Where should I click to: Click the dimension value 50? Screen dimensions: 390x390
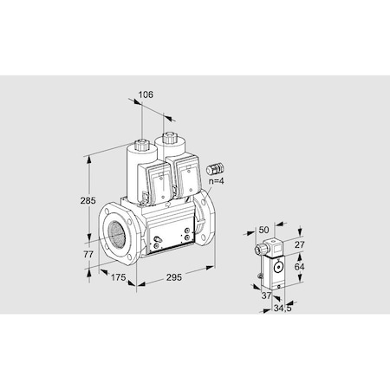pos(264,229)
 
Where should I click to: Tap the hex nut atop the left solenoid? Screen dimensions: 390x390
pos(141,139)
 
